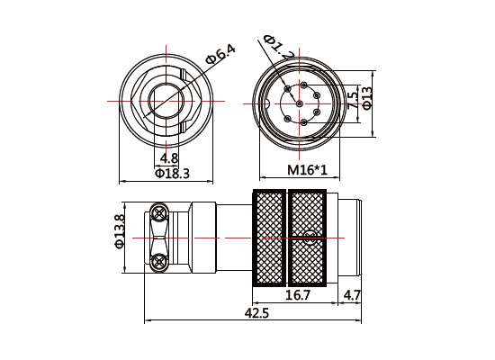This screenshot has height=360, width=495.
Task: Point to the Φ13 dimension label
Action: (367, 97)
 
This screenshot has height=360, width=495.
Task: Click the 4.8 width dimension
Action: (168, 158)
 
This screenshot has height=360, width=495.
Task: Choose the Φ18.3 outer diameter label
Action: (172, 173)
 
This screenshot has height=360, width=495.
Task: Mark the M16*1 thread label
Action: (307, 170)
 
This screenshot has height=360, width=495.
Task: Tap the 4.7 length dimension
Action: (352, 294)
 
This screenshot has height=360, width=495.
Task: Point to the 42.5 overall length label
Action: (256, 313)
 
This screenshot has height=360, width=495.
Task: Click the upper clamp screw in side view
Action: (159, 213)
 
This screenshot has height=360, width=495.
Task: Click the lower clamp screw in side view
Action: (159, 262)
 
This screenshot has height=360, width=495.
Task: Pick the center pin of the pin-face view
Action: (296, 103)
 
